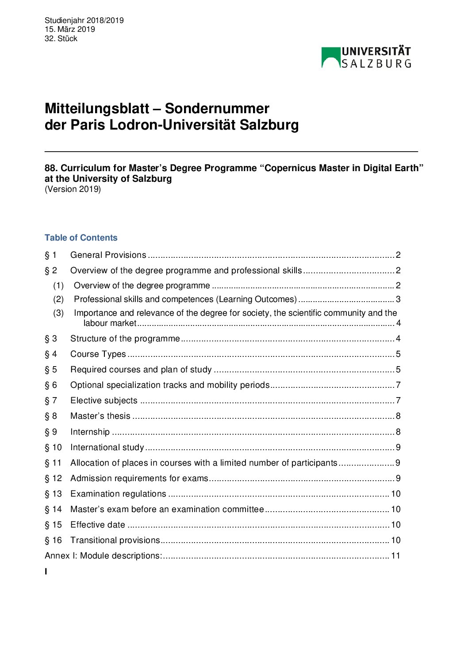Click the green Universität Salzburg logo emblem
point(331,57)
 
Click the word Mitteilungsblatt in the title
point(97,108)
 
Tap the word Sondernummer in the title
point(217,108)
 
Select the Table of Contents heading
point(81,238)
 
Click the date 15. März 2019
point(70,29)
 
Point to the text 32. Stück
point(61,38)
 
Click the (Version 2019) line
point(73,189)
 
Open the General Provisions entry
point(108,255)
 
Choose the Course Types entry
point(98,354)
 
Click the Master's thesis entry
point(100,416)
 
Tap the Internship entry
point(90,432)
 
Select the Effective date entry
point(98,525)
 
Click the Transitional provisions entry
point(115,540)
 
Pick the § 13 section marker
point(54,494)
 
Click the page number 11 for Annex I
point(395,556)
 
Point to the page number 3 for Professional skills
point(398,299)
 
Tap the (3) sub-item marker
point(58,313)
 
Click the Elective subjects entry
point(104,401)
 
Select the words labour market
point(110,323)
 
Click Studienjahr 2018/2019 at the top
point(84,20)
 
